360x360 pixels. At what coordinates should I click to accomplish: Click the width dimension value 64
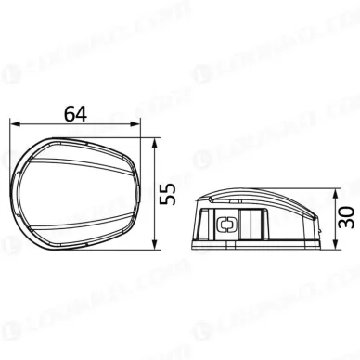pyautogui.click(x=77, y=113)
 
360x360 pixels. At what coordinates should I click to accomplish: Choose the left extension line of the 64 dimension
pyautogui.click(x=10, y=148)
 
